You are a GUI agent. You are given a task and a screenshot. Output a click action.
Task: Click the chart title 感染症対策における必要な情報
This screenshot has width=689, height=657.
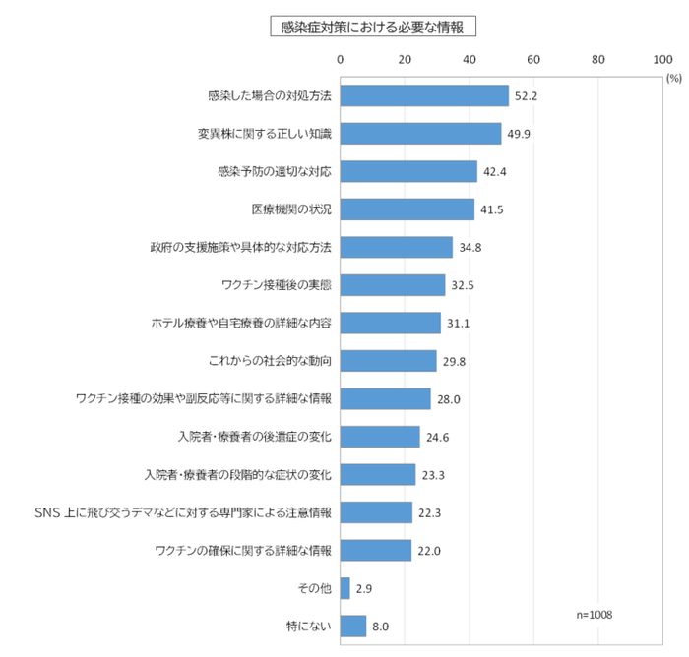click(x=374, y=26)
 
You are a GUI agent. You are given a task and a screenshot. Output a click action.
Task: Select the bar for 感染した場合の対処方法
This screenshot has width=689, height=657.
click(x=424, y=95)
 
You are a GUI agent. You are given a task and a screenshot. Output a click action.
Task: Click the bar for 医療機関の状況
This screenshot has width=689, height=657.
click(x=407, y=209)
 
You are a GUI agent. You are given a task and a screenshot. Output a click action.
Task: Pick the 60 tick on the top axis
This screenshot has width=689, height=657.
click(x=533, y=60)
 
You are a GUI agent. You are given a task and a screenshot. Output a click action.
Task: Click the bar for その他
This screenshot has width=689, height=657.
click(x=344, y=588)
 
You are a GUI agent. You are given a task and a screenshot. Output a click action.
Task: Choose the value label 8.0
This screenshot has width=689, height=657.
click(x=381, y=626)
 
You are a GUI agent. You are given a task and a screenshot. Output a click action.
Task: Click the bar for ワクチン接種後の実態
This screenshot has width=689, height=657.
click(x=393, y=285)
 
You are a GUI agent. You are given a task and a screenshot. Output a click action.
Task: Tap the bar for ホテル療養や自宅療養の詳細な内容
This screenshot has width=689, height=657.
click(x=390, y=323)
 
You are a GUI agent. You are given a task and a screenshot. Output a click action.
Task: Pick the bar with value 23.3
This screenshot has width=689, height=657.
click(x=377, y=474)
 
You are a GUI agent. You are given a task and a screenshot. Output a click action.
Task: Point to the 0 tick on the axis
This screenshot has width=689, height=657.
click(x=340, y=60)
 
